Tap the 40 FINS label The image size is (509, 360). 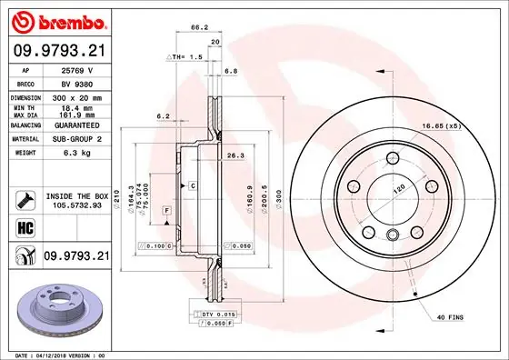point(453,316)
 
